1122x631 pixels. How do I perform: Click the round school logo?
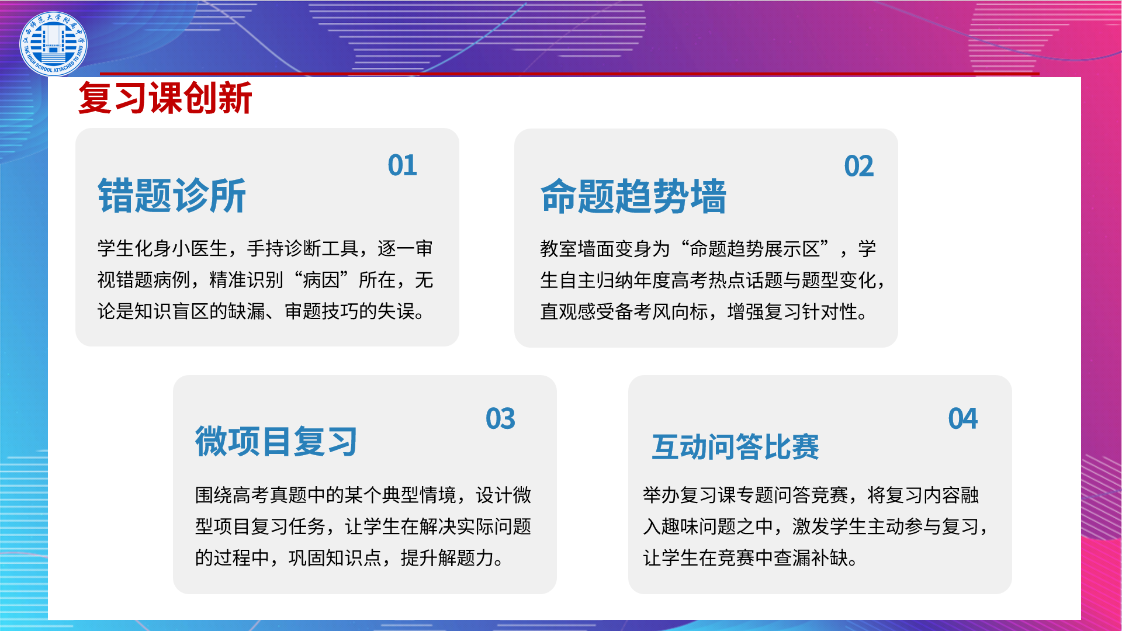[53, 44]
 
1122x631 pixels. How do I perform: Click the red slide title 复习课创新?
[165, 98]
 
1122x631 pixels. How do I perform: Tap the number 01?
[403, 165]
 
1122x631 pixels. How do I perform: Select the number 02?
[859, 167]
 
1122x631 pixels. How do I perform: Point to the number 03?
[501, 419]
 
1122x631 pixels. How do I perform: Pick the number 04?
[963, 419]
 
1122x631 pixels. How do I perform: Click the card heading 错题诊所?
[172, 196]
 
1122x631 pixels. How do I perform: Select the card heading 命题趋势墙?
[633, 196]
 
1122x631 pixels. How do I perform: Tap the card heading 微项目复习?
[276, 442]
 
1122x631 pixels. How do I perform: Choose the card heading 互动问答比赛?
[736, 447]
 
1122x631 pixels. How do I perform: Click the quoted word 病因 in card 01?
[321, 280]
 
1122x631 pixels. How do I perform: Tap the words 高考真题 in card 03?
[270, 495]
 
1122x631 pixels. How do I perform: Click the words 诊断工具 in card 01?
[321, 249]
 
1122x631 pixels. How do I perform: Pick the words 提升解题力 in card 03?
[448, 559]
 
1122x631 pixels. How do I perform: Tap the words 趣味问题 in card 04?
[699, 527]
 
